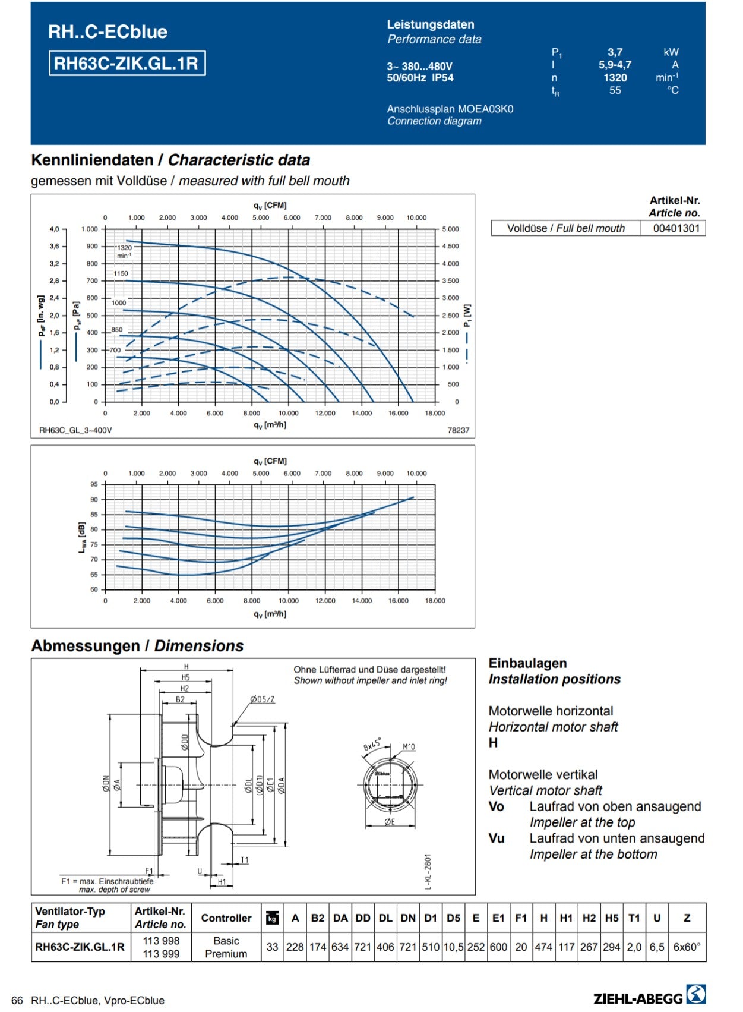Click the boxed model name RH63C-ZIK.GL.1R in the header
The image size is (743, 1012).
(127, 63)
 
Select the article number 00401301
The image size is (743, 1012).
(676, 228)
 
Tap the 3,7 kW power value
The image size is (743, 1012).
(615, 52)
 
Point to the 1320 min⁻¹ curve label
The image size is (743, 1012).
(124, 251)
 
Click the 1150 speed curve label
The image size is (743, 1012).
(121, 274)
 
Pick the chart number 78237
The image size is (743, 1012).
(458, 430)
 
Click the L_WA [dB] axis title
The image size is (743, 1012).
(82, 537)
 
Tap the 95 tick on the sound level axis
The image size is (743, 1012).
(94, 484)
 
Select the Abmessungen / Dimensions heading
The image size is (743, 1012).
(137, 646)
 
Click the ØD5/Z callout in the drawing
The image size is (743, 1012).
(263, 699)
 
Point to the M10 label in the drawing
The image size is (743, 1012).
(409, 747)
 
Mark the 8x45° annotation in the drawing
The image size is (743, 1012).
(372, 744)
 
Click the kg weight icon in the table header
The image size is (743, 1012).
(272, 918)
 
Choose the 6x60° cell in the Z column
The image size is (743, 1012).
(687, 947)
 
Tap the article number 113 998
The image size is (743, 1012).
(161, 941)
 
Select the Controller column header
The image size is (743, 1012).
(226, 918)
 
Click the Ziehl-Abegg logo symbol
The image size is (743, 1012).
(696, 994)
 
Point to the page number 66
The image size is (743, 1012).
(17, 1000)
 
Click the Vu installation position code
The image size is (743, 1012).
(497, 838)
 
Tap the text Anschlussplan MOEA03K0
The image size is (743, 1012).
(450, 109)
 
